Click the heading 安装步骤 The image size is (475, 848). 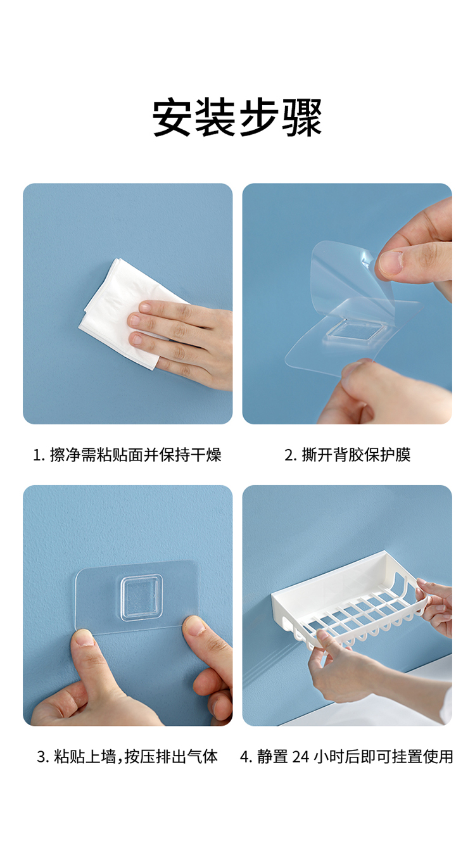pos(237,117)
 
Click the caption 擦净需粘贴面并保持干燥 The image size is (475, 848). pos(136,455)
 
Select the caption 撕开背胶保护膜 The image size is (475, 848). pos(356,455)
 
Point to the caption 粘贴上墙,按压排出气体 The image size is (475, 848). pos(136,756)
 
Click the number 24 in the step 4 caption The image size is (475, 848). pos(301,756)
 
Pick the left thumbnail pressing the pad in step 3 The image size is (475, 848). pos(84,638)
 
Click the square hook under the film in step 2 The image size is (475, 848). pos(355,331)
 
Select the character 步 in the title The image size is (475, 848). pos(258,117)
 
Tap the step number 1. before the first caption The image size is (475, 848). pos(39,455)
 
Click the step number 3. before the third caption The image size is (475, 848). pos(43,757)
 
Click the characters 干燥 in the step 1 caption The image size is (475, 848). pos(206,455)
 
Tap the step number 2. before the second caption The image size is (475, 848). pos(291,455)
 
